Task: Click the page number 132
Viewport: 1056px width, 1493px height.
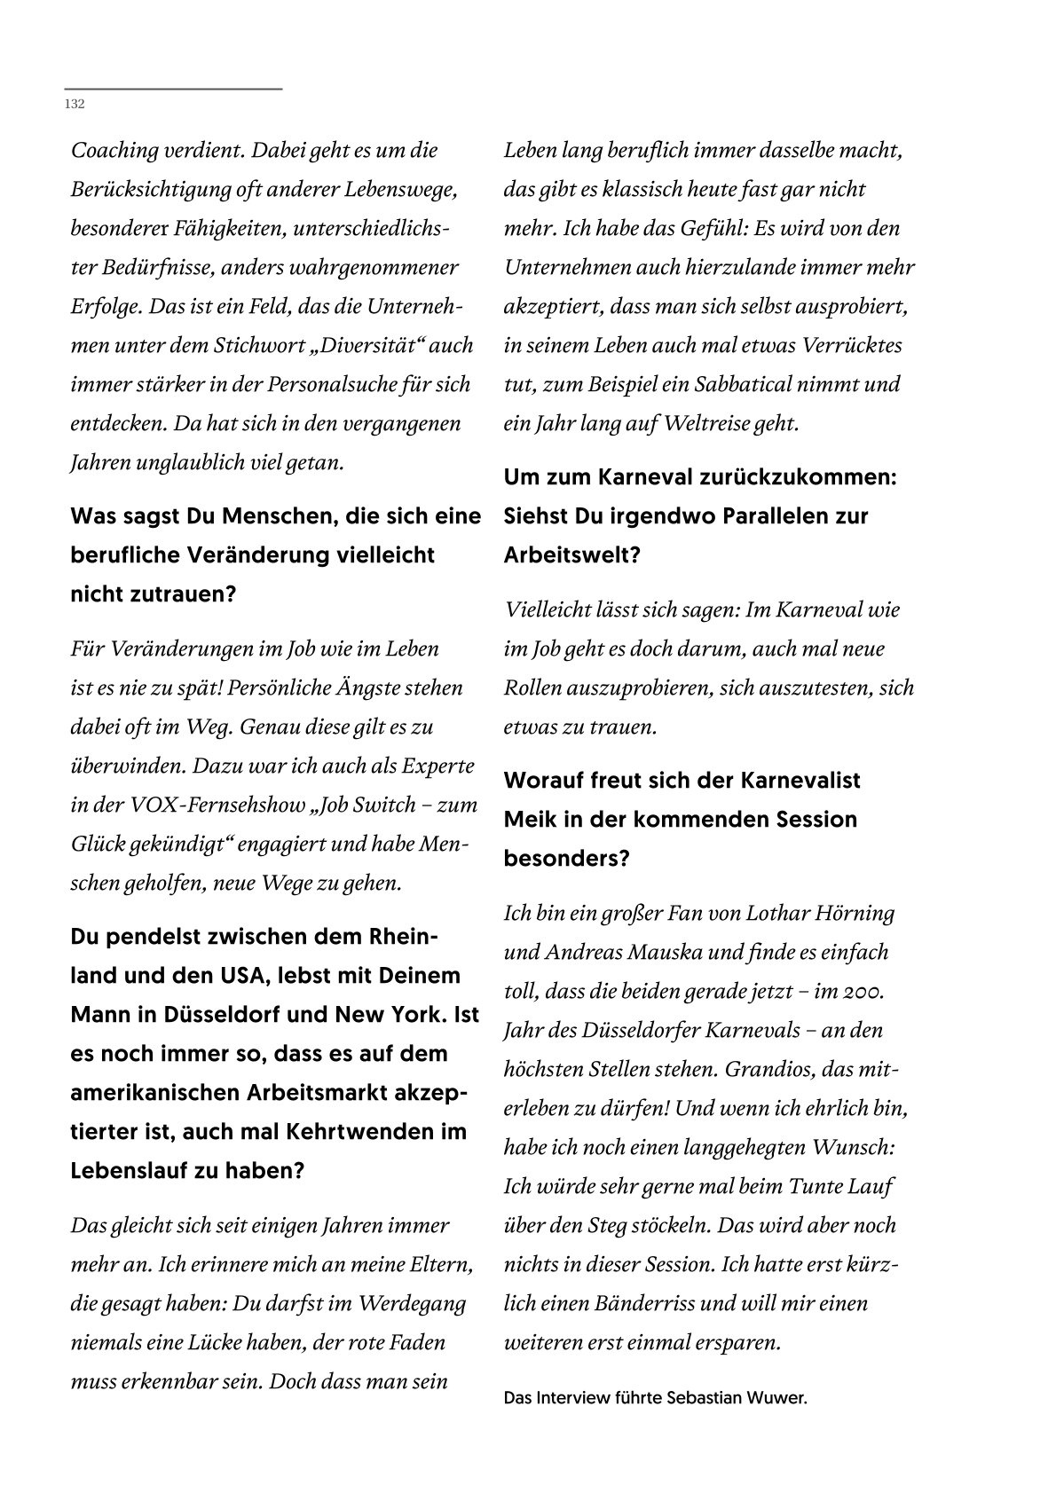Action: point(75,105)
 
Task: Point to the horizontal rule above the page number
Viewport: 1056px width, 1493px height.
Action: point(173,90)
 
